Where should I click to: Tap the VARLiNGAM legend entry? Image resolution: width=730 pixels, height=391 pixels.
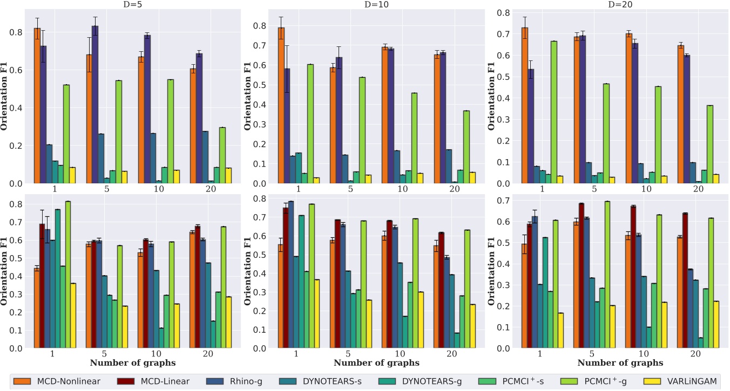pos(691,381)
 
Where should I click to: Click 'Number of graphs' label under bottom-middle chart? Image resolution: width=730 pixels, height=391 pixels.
pos(376,363)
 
